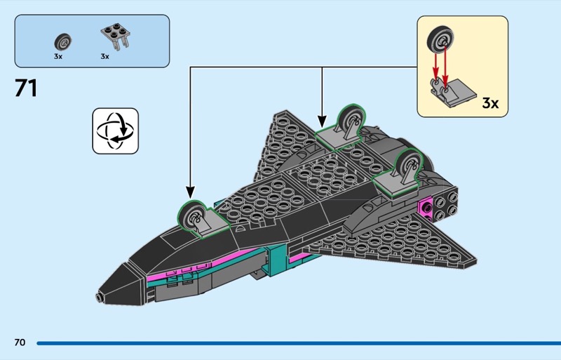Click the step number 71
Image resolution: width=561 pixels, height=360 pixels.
tap(26, 89)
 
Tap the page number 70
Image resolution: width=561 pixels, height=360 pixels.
tap(20, 342)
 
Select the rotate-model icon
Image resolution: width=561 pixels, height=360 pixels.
tap(116, 131)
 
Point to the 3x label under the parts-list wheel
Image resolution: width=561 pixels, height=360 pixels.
tap(58, 56)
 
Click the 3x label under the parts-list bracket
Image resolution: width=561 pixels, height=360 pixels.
tap(105, 56)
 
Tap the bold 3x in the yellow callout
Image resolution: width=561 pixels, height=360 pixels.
tap(490, 103)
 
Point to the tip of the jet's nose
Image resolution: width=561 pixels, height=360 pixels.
tap(100, 297)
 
